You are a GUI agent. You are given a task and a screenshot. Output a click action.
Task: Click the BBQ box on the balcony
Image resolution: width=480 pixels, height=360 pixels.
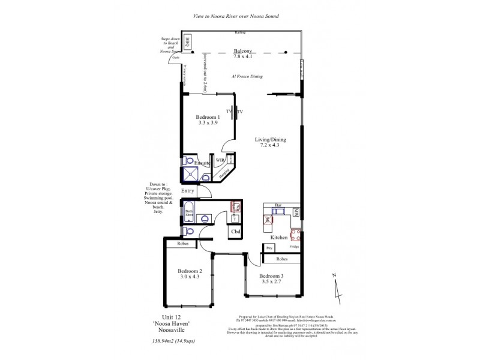click(187, 42)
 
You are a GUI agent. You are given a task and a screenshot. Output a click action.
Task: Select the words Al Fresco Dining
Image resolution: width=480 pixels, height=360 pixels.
click(247, 77)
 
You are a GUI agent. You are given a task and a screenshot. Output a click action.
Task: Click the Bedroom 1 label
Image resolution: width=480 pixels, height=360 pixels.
click(206, 116)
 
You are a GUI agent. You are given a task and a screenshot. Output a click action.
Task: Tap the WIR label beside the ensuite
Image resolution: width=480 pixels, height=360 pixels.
click(220, 161)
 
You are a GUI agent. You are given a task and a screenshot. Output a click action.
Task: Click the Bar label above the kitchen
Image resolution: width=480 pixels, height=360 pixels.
click(278, 205)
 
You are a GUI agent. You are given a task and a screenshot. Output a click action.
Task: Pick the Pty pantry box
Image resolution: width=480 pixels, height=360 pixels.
click(269, 247)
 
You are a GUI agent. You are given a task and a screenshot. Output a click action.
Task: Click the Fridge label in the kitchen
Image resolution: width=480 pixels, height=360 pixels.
click(294, 247)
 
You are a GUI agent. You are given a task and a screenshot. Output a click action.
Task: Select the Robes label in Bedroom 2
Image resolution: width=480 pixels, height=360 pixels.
click(184, 244)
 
